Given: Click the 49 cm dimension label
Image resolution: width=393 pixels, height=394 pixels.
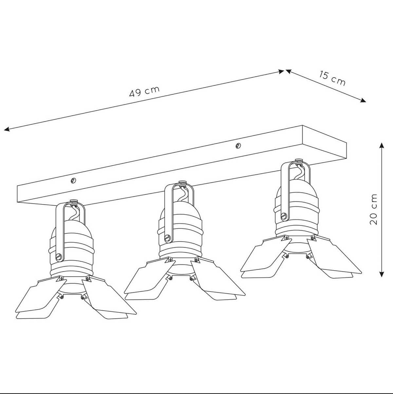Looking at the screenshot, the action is [x=144, y=92].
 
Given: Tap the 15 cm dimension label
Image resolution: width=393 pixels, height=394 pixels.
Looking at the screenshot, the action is [x=332, y=78].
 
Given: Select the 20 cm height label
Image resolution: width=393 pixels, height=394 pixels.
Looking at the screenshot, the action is [x=374, y=209].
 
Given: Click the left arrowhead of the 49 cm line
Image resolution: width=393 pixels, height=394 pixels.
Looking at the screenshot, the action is [x=7, y=129].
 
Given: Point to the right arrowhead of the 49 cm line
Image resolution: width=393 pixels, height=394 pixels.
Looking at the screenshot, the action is [x=281, y=72].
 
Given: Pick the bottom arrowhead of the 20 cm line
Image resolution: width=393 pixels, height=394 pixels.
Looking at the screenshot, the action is [x=382, y=274].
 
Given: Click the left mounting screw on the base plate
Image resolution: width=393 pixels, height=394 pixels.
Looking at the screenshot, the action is [x=73, y=180].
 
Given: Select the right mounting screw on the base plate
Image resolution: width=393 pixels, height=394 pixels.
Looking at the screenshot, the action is [x=238, y=146].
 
